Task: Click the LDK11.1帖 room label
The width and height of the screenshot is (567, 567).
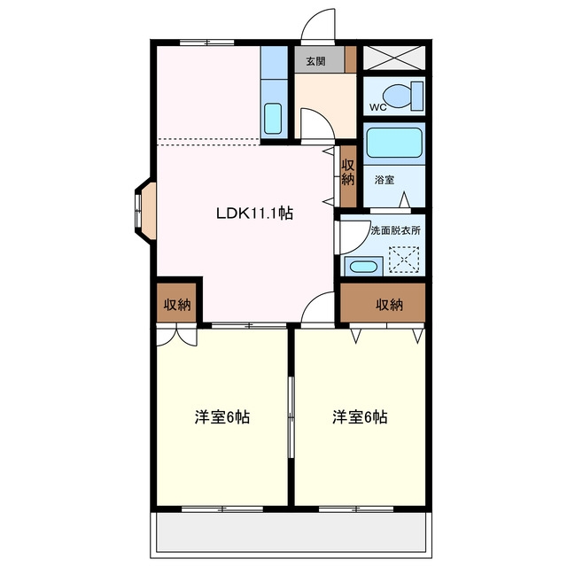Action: [x=254, y=214]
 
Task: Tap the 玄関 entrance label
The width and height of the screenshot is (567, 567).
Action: [x=315, y=61]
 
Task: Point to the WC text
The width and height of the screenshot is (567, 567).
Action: [x=378, y=107]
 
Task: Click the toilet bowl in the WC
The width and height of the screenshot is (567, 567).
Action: [x=398, y=96]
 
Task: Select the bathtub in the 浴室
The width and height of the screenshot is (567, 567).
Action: [x=394, y=143]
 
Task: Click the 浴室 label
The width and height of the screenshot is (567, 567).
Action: [x=384, y=180]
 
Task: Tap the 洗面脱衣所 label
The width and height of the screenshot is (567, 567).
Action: [x=396, y=230]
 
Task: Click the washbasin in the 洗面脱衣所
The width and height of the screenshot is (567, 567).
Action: [x=364, y=267]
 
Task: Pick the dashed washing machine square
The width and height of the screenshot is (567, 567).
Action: [x=404, y=260]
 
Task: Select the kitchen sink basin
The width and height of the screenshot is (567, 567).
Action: [x=273, y=119]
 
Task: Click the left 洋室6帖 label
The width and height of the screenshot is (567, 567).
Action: [x=222, y=417]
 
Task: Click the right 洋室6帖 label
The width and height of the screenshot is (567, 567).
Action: [x=360, y=417]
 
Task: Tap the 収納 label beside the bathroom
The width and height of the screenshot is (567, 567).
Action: [x=348, y=172]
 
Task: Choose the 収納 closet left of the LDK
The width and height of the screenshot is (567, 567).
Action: [x=177, y=303]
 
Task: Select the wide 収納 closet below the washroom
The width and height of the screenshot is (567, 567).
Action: [x=383, y=303]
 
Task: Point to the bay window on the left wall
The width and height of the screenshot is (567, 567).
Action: [x=145, y=211]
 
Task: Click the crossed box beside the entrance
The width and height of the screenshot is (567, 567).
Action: [x=393, y=58]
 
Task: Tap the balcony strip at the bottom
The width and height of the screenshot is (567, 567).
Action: [x=291, y=532]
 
